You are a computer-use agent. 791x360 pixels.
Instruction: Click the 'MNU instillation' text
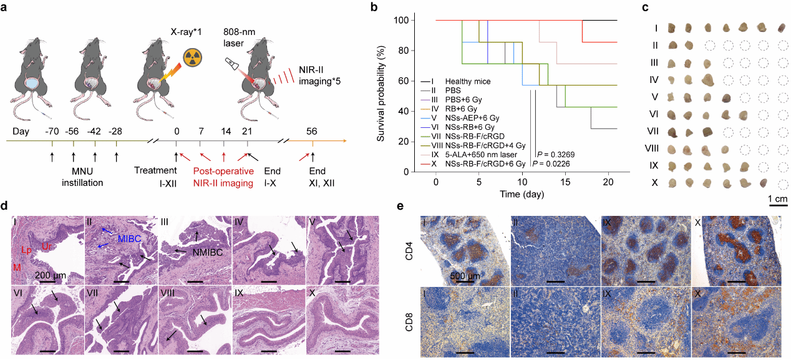[73, 177]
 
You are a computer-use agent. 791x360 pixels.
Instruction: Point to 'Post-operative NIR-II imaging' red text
[223, 177]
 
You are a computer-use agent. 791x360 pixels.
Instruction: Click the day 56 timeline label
[313, 132]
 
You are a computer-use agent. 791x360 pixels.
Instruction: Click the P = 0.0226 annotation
[554, 164]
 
